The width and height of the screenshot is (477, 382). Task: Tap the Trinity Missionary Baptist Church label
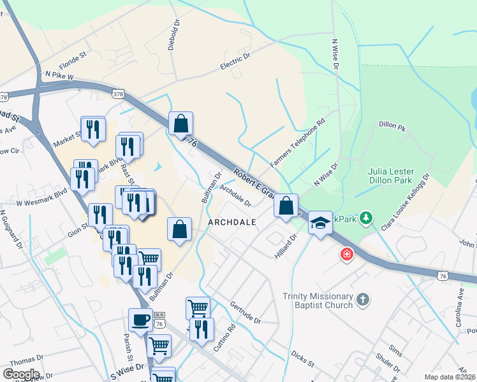[x=318, y=301]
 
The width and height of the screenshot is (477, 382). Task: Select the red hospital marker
[x=346, y=255]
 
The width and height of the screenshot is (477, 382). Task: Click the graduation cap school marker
[x=321, y=222]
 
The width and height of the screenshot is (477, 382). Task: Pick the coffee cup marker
[x=140, y=320]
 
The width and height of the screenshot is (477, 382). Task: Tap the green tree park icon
[x=366, y=218]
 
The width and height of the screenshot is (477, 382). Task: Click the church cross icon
[x=362, y=299]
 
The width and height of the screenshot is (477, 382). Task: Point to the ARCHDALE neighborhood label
[x=232, y=222]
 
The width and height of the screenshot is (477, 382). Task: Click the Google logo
[x=21, y=374]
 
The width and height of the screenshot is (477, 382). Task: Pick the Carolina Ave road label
[x=460, y=307]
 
